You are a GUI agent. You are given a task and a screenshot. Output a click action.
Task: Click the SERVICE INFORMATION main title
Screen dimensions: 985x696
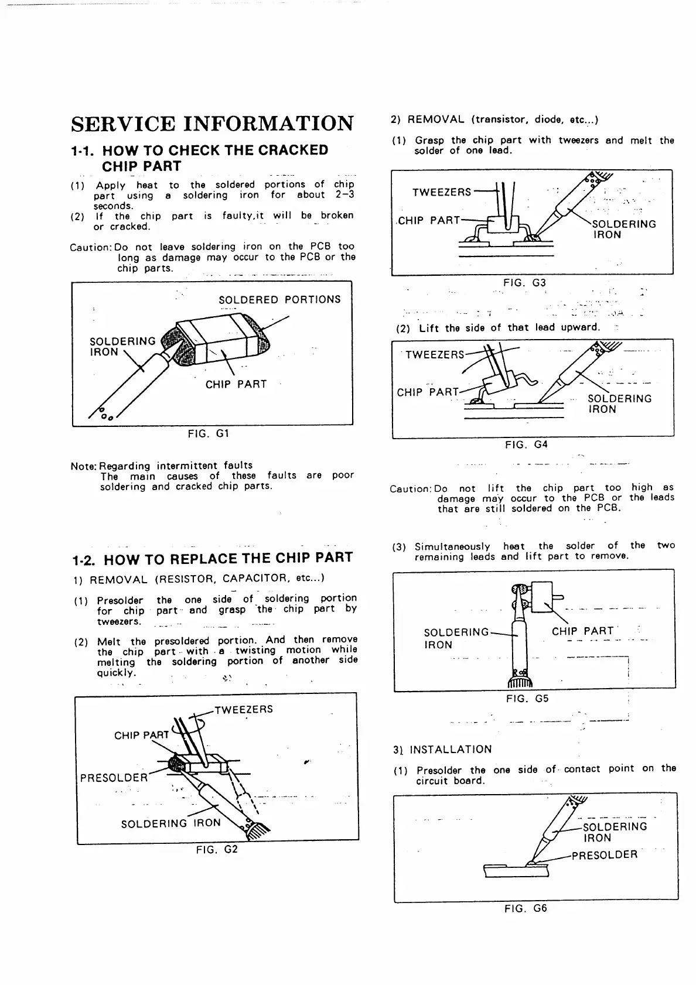(x=212, y=124)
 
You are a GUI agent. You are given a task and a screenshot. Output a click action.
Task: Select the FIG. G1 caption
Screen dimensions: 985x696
(x=208, y=434)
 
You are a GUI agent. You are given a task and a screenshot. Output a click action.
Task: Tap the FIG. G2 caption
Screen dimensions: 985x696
(x=217, y=849)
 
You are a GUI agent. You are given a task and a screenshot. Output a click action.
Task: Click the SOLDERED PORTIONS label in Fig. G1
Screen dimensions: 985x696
(x=279, y=300)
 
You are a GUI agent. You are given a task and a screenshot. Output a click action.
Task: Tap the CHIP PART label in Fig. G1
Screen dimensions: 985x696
(x=236, y=384)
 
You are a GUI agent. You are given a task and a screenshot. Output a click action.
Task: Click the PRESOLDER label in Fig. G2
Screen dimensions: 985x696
(x=114, y=778)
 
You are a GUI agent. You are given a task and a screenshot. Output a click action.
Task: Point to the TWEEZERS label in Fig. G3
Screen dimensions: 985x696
(x=441, y=192)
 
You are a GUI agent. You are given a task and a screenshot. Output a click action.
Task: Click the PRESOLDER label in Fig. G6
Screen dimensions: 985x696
(x=604, y=854)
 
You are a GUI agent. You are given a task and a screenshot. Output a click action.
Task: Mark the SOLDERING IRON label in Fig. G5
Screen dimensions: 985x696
(x=456, y=638)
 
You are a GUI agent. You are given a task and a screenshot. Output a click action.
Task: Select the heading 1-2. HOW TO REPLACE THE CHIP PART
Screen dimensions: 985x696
(x=212, y=558)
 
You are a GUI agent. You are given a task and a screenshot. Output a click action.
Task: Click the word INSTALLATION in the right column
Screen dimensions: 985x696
(x=451, y=750)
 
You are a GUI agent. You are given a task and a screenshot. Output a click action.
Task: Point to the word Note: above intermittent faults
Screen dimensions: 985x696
(x=84, y=466)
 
